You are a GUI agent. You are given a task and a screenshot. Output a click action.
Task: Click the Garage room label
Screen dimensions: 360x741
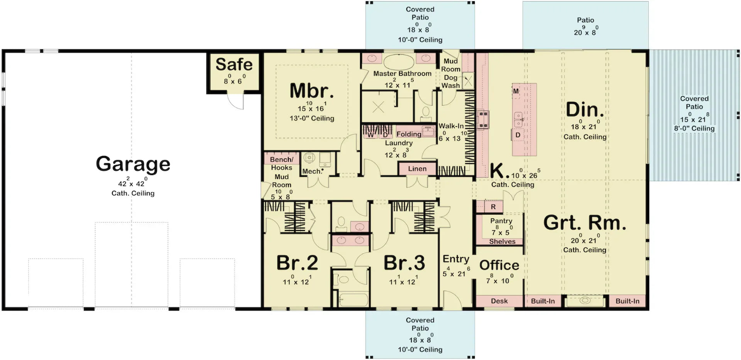tap(133, 164)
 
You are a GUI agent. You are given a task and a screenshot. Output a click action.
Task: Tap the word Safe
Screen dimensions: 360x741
tap(234, 64)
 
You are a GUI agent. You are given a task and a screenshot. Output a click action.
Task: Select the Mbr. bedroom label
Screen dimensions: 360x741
tap(311, 91)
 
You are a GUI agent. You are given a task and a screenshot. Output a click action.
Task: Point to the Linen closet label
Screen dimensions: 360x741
tap(417, 169)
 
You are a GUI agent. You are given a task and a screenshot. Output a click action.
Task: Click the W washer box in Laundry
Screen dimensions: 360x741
tap(370, 135)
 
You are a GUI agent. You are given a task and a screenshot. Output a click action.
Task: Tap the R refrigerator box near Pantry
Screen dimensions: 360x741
tap(493, 207)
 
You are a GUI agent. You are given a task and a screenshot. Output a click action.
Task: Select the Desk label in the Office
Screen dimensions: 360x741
tap(499, 301)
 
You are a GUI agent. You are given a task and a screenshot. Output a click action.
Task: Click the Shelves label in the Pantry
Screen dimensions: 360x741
tap(502, 242)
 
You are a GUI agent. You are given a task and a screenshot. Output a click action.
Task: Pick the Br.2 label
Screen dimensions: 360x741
tap(297, 263)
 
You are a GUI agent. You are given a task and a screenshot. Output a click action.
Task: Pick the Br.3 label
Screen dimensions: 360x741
tap(404, 263)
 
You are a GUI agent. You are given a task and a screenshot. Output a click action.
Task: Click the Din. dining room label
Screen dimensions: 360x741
tap(584, 110)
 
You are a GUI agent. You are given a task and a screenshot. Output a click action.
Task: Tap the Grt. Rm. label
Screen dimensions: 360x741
tap(584, 223)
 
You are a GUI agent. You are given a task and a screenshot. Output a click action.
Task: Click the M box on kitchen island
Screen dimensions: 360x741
tap(516, 91)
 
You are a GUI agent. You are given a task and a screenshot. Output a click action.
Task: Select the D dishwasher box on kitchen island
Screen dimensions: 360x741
tap(518, 135)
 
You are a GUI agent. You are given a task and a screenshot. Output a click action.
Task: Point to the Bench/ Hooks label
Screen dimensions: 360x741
tap(281, 159)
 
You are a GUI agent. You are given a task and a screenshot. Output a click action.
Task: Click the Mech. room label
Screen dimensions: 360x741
tap(312, 171)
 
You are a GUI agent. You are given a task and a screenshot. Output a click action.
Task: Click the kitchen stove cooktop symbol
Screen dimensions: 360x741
tap(483, 120)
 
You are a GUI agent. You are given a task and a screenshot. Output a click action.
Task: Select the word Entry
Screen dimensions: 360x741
tap(456, 259)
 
